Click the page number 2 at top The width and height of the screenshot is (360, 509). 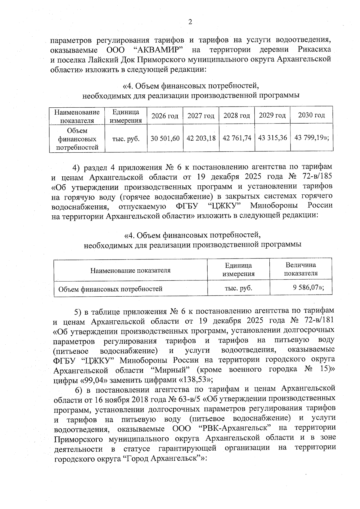(190, 22)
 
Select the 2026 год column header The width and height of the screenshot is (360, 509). (165, 116)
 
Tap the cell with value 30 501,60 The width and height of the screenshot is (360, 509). (165, 138)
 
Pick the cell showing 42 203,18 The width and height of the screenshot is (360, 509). (201, 138)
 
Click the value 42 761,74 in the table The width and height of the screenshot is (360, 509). (237, 138)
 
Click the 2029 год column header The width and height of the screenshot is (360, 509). (272, 115)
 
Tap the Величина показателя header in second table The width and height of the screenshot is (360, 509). (301, 269)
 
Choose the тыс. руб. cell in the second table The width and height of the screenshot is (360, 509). (238, 288)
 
